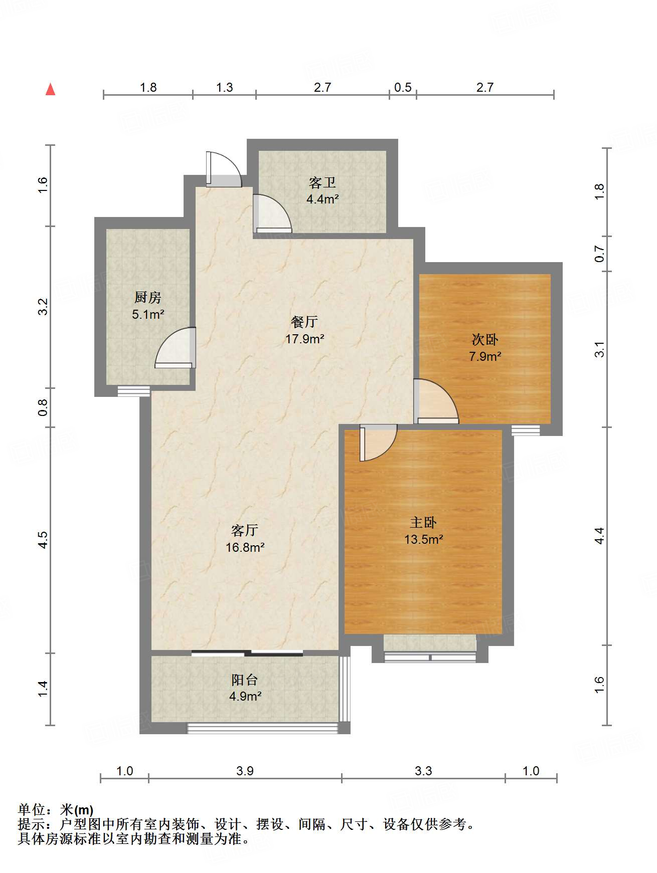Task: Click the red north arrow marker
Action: (x=50, y=89)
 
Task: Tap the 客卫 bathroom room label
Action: (x=322, y=182)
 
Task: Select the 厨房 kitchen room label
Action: (x=147, y=298)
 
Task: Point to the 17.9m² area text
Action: (x=304, y=339)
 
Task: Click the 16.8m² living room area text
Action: (x=245, y=547)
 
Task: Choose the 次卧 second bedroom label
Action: (x=485, y=340)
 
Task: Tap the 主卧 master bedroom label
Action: (x=423, y=523)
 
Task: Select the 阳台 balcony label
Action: (x=245, y=680)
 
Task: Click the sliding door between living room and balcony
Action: (x=247, y=653)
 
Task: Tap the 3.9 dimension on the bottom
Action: (x=245, y=771)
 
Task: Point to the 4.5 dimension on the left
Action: (x=43, y=540)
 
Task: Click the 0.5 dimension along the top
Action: (x=403, y=87)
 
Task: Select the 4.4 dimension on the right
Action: (x=599, y=536)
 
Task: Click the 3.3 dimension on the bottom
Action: (x=423, y=771)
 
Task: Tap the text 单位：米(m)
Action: (x=56, y=810)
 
